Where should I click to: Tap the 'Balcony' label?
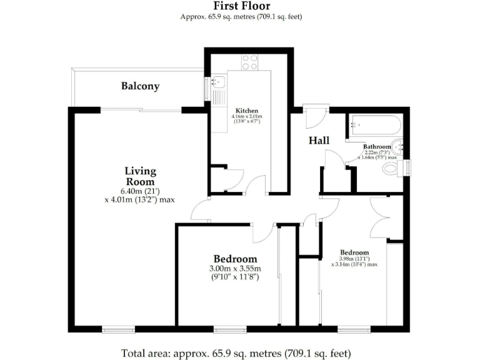point(140,86)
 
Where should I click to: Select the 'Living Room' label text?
point(140,176)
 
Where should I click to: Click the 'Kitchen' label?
point(244,111)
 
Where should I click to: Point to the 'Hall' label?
point(319,141)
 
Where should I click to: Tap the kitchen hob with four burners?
point(250,62)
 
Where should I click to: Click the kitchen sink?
point(218,82)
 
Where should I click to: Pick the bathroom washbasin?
point(404,149)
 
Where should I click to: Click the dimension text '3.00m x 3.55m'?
point(235,269)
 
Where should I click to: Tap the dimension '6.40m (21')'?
point(140,192)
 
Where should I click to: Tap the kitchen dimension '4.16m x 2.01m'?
point(247,116)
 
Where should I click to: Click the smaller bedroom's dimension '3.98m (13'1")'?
point(354,258)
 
